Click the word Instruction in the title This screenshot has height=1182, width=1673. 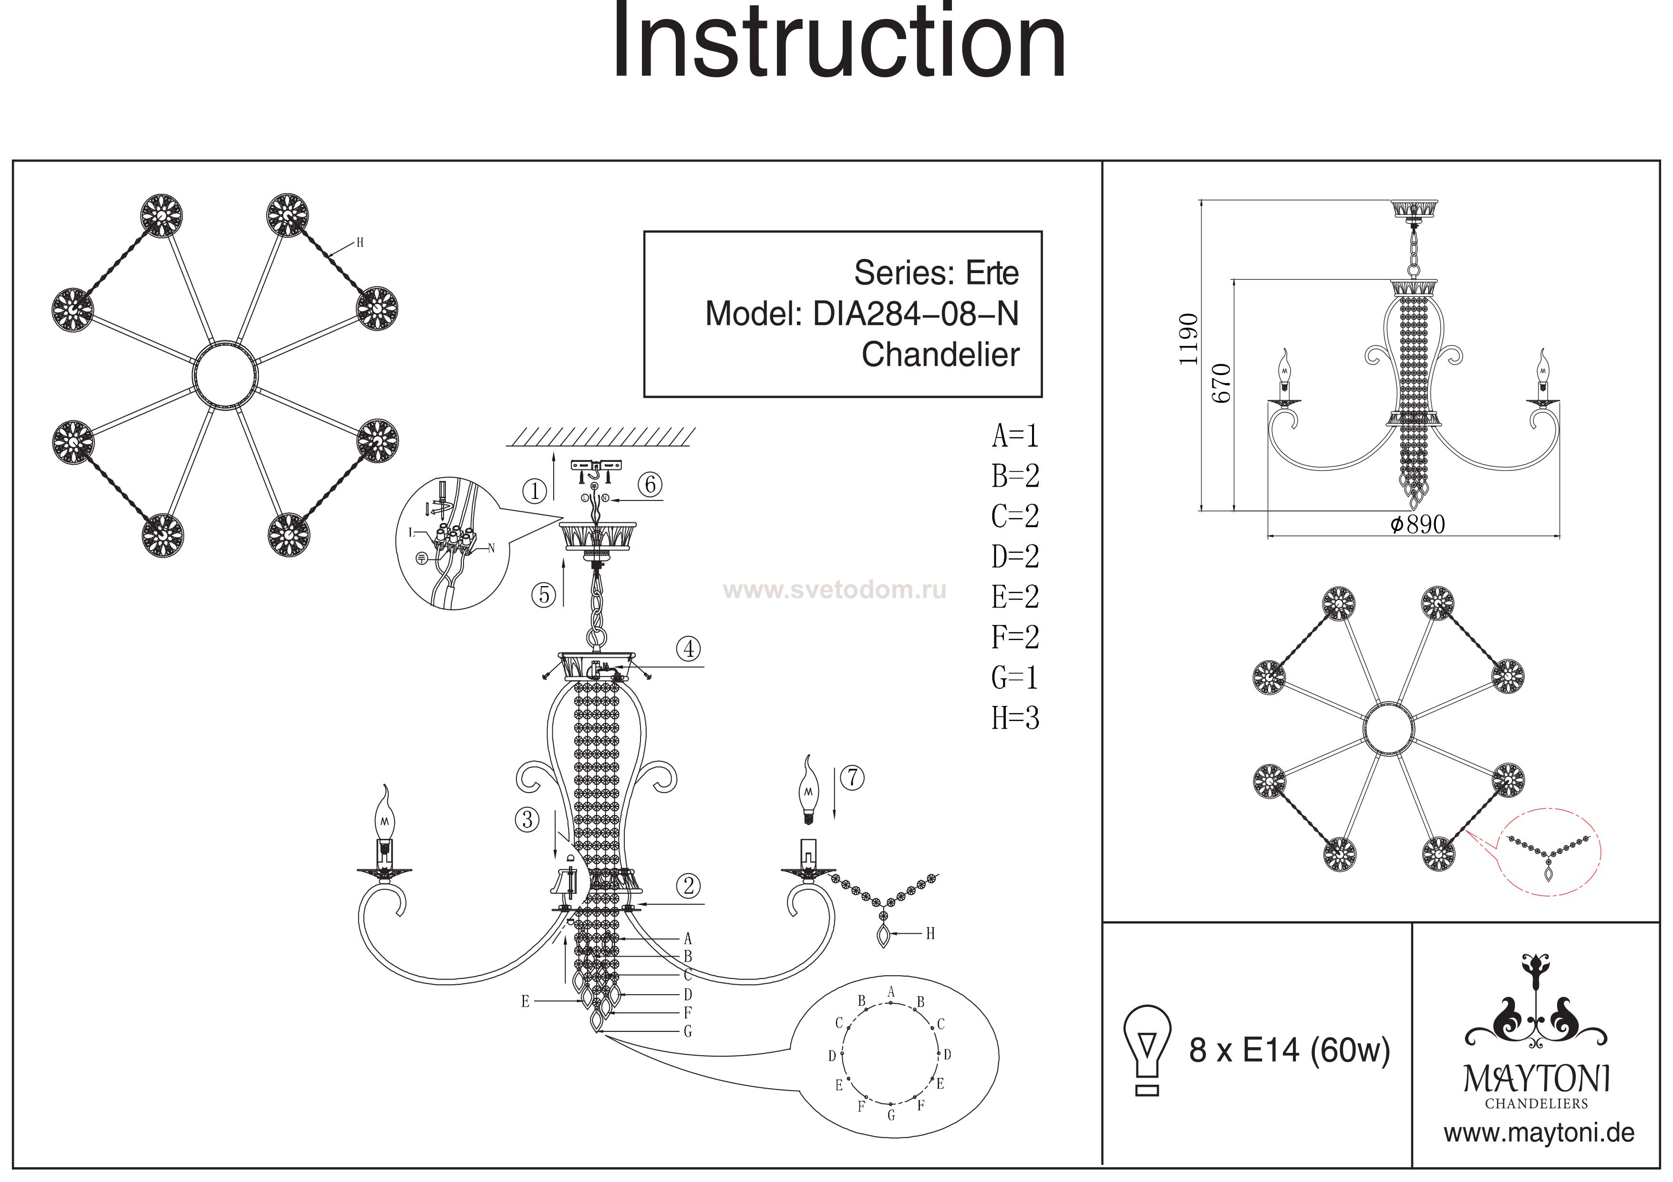838,44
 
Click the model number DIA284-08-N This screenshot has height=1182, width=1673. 915,314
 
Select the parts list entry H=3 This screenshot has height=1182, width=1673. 1015,718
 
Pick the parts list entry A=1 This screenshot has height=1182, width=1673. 1015,436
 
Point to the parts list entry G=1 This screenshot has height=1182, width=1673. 1015,678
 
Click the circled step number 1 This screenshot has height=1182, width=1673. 535,491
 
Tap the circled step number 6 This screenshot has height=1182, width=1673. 651,484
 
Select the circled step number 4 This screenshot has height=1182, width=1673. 689,648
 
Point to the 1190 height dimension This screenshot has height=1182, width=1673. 1189,339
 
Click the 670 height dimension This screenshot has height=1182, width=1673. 1222,383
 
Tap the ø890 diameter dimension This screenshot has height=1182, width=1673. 1417,524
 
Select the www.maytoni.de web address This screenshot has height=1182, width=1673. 1539,1133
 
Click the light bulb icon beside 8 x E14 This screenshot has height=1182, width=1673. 1147,1050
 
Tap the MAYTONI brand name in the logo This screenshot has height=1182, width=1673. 1536,1079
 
